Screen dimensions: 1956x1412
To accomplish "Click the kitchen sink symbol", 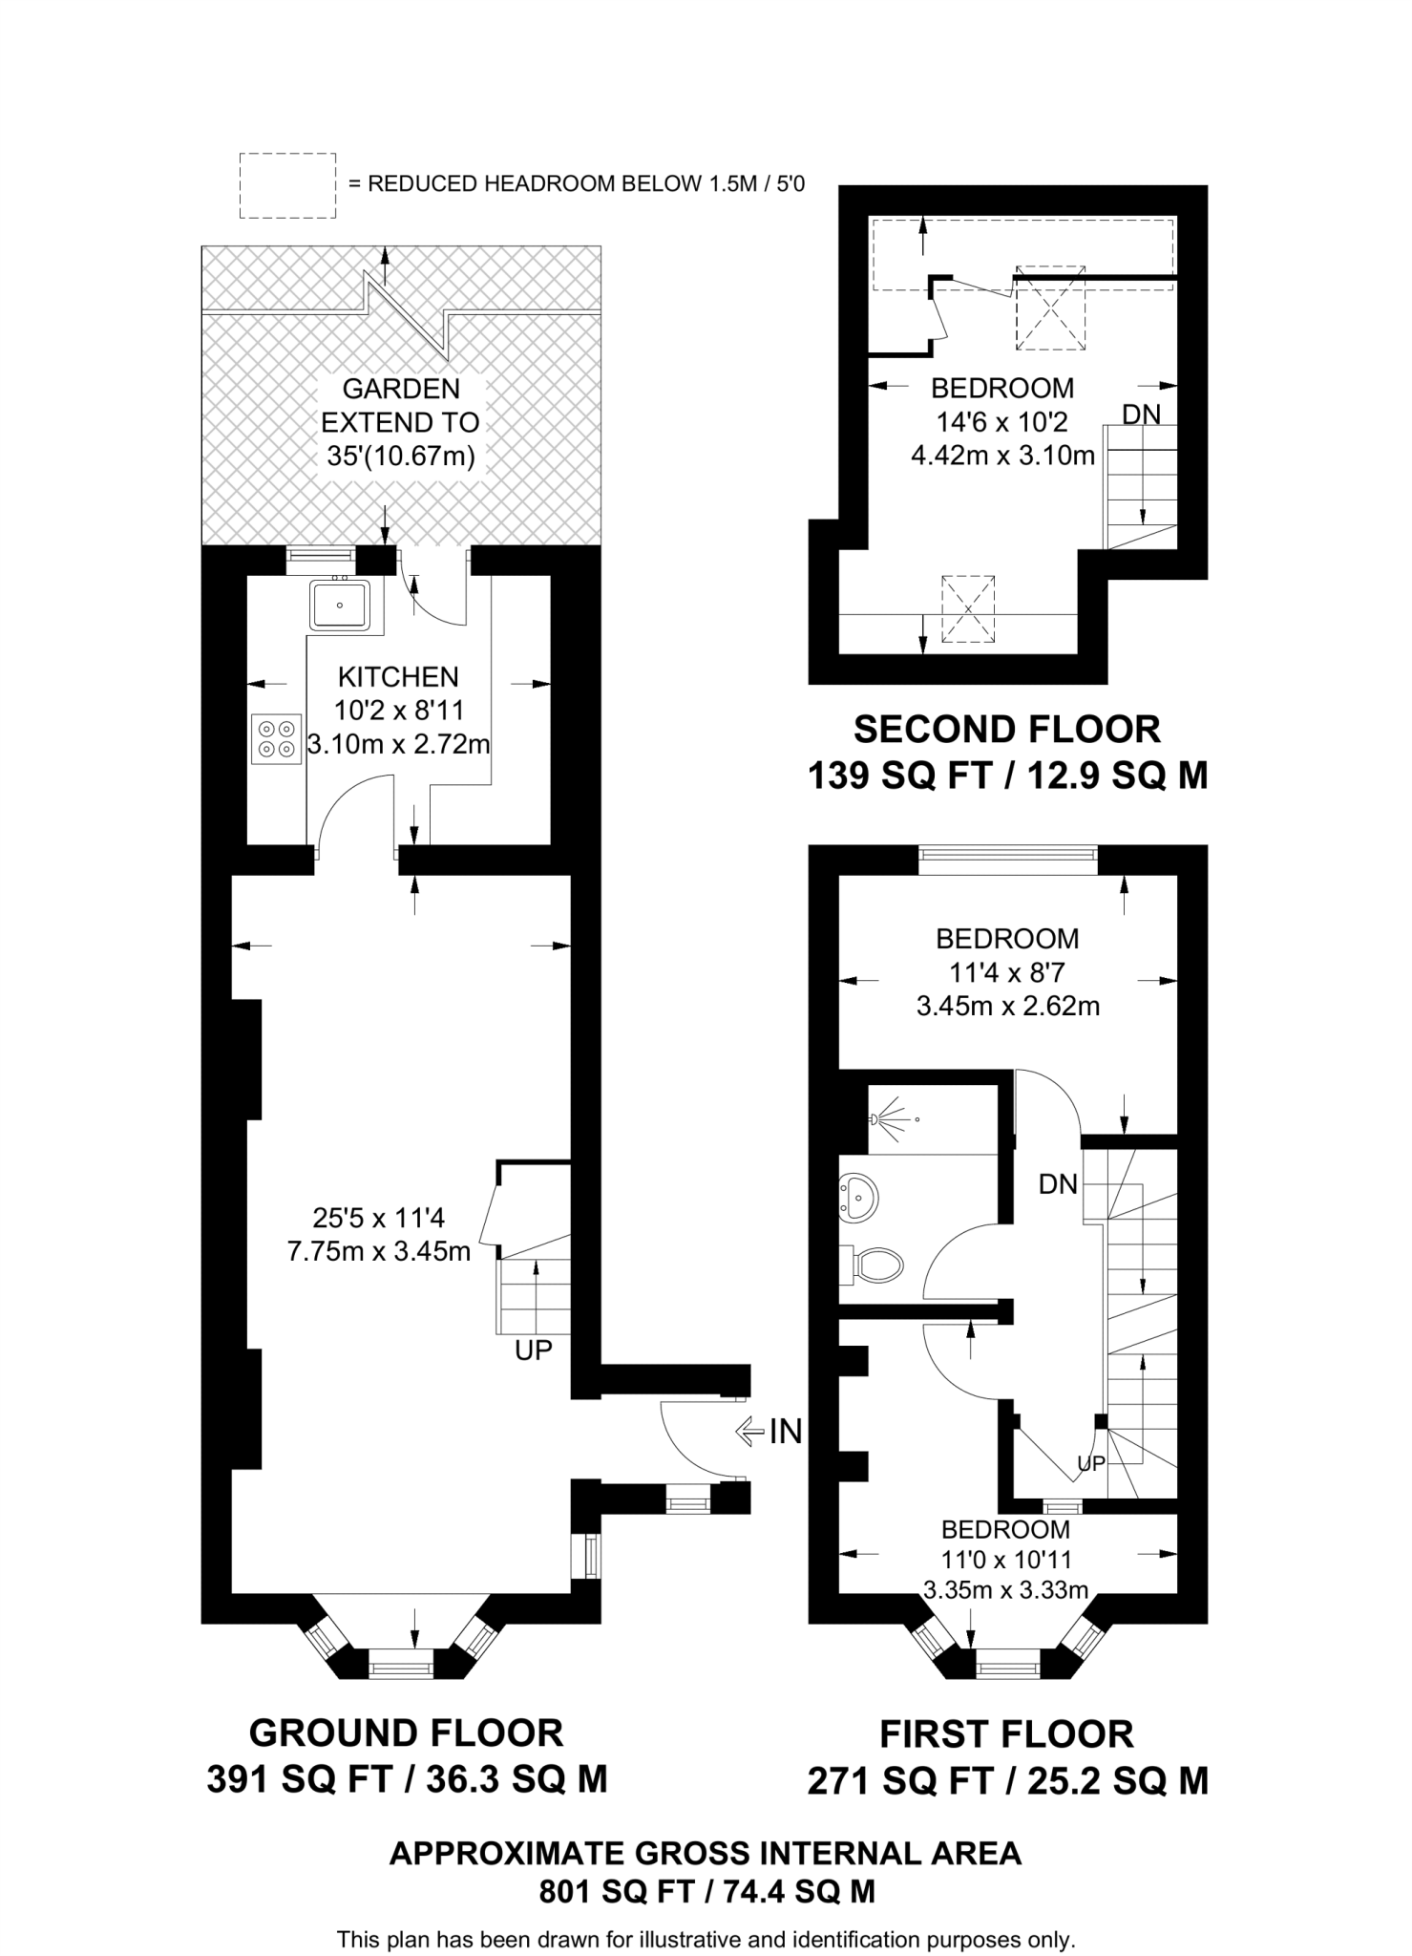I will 340,605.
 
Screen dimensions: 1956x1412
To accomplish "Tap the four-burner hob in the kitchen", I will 275,739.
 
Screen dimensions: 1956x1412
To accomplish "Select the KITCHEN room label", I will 398,677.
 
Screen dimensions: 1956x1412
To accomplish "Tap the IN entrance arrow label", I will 785,1431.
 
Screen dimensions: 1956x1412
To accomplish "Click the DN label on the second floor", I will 1141,415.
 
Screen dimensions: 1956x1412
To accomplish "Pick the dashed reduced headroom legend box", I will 286,185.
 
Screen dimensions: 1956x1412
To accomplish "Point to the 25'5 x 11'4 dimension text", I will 379,1218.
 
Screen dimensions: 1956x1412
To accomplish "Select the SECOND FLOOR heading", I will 1006,729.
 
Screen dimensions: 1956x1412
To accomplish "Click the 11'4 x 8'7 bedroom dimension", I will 1006,972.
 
